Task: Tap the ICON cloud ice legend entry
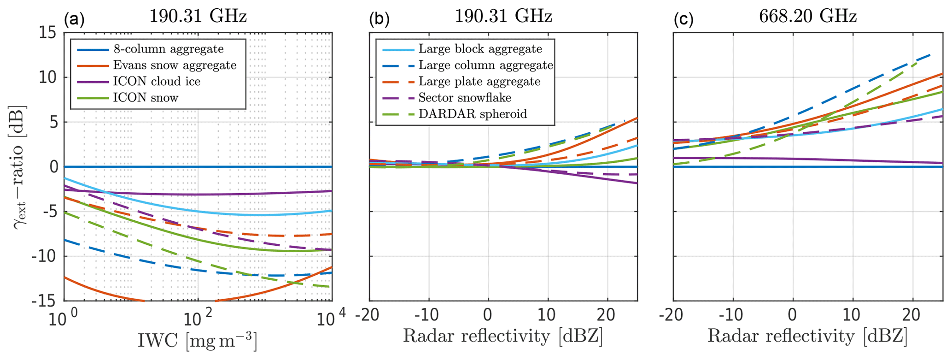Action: coord(157,81)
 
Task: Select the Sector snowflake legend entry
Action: coord(465,97)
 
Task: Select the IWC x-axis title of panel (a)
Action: coord(198,341)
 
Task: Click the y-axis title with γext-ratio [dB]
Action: coord(20,166)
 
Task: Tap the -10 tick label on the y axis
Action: coord(43,257)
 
